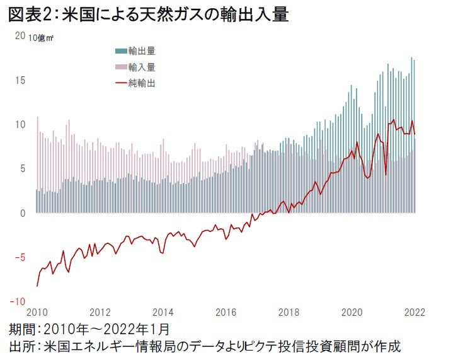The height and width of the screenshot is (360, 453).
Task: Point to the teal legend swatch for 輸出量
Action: click(120, 50)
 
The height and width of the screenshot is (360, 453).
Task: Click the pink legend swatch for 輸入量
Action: click(120, 66)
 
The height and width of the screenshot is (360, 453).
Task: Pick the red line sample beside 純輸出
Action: click(120, 83)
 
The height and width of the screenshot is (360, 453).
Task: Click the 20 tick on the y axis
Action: click(20, 36)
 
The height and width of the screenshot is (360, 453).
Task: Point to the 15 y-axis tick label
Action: click(20, 80)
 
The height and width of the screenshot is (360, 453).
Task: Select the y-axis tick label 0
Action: click(23, 213)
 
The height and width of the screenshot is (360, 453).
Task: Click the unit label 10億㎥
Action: click(42, 38)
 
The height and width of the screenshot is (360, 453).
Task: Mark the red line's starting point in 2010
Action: click(38, 286)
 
